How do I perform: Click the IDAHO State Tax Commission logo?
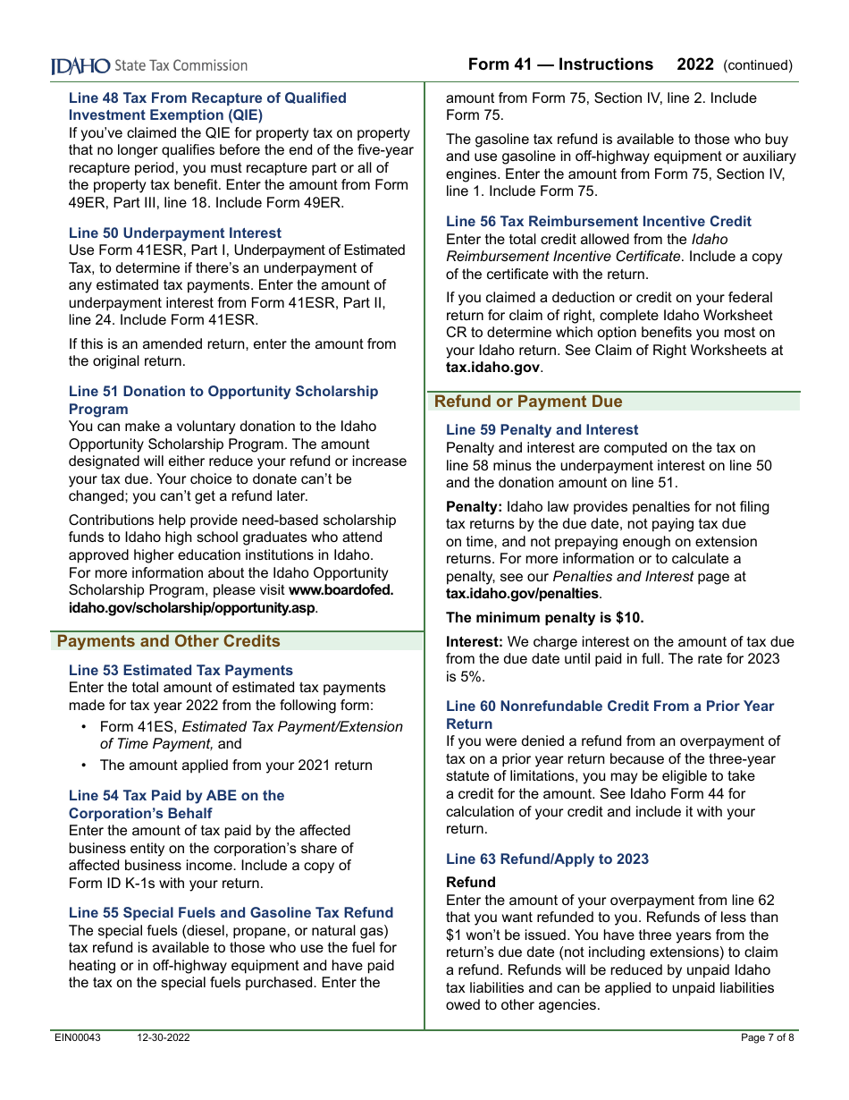pyautogui.click(x=149, y=65)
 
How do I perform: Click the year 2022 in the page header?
pyautogui.click(x=695, y=64)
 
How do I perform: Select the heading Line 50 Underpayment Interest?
pyautogui.click(x=175, y=233)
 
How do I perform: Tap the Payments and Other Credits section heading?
pyautogui.click(x=169, y=641)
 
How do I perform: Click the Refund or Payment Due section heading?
pyautogui.click(x=528, y=402)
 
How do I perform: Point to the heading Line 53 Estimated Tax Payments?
pyautogui.click(x=181, y=670)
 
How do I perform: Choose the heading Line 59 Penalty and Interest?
pyautogui.click(x=542, y=429)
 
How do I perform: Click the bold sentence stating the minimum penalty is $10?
pyautogui.click(x=544, y=617)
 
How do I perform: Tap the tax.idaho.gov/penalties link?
pyautogui.click(x=522, y=594)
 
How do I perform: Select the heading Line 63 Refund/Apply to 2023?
pyautogui.click(x=547, y=859)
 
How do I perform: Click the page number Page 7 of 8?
pyautogui.click(x=767, y=1037)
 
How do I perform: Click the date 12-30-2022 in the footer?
pyautogui.click(x=164, y=1037)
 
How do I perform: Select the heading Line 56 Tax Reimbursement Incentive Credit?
pyautogui.click(x=599, y=221)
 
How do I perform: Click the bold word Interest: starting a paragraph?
pyautogui.click(x=475, y=641)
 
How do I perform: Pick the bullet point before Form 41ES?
pyautogui.click(x=84, y=727)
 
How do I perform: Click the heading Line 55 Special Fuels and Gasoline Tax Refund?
pyautogui.click(x=231, y=912)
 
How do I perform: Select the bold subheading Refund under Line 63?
pyautogui.click(x=470, y=882)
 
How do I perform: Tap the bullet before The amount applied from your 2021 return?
pyautogui.click(x=84, y=766)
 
